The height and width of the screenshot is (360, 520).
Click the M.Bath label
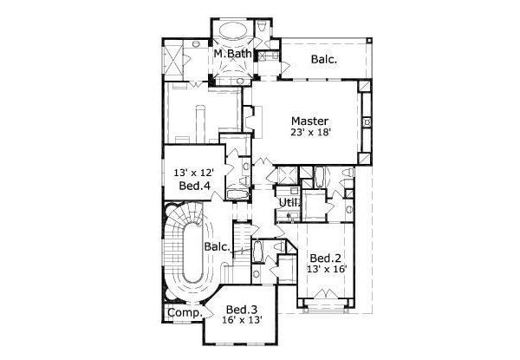(233, 55)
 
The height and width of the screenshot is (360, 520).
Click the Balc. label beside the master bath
(324, 60)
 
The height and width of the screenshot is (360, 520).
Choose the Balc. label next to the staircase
(217, 247)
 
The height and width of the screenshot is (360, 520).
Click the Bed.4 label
(191, 186)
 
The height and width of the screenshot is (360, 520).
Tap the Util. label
(288, 203)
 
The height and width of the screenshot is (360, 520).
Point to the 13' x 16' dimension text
(326, 270)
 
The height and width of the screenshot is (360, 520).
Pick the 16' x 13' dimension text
(243, 321)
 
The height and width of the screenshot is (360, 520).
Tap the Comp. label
(184, 312)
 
